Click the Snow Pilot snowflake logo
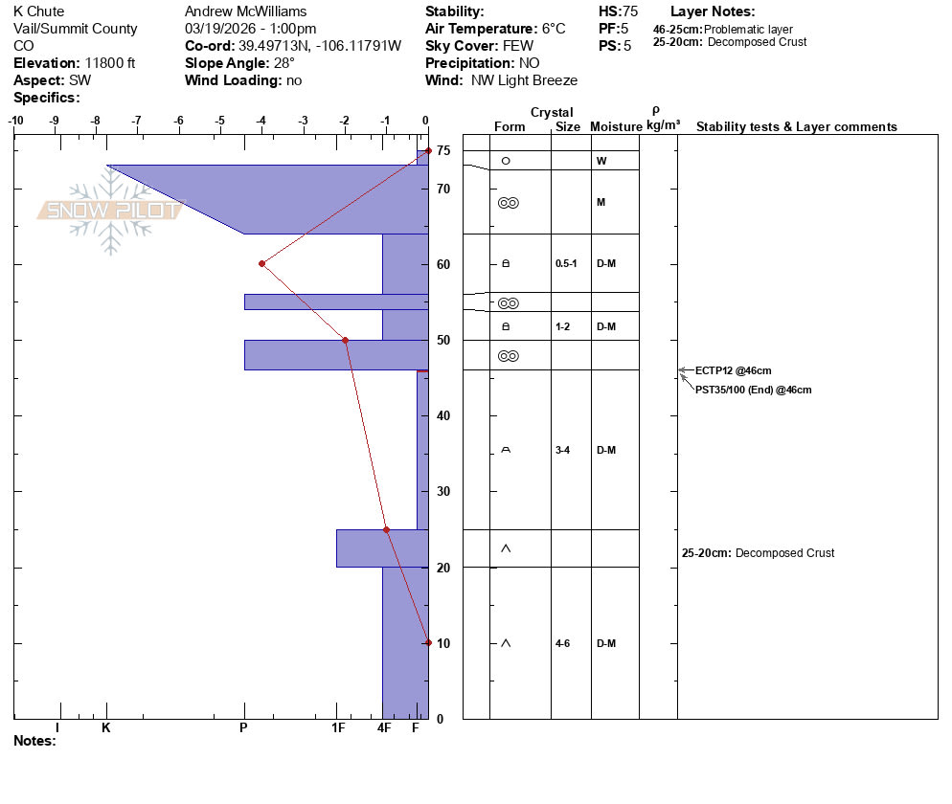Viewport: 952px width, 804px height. pyautogui.click(x=110, y=210)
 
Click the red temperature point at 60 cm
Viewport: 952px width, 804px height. pyautogui.click(x=261, y=264)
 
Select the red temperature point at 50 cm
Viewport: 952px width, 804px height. pyautogui.click(x=346, y=341)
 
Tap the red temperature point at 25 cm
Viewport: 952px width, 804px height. pyautogui.click(x=386, y=529)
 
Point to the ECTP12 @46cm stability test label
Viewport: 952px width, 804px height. pyautogui.click(x=733, y=370)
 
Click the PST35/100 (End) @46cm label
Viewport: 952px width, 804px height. pyautogui.click(x=753, y=391)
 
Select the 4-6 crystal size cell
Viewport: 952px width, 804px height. pyautogui.click(x=562, y=643)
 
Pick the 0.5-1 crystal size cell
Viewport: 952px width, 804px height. pyautogui.click(x=566, y=263)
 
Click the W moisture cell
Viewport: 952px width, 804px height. pyautogui.click(x=601, y=161)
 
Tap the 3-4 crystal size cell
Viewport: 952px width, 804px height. pyautogui.click(x=562, y=450)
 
